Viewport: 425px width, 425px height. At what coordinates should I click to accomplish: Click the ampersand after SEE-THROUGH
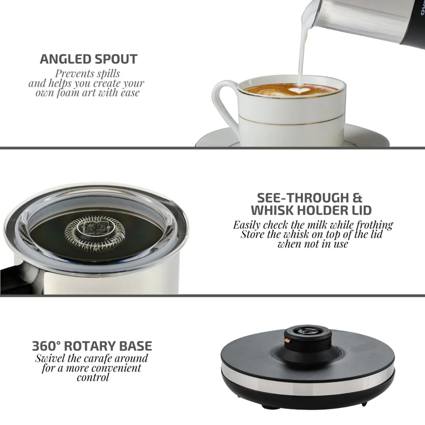[x=357, y=198]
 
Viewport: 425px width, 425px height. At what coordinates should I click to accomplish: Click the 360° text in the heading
[x=46, y=346]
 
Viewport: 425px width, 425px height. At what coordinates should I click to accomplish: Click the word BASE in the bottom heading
[x=136, y=346]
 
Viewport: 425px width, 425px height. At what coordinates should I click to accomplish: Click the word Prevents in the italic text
[x=71, y=74]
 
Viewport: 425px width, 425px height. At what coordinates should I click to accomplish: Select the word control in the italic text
[x=93, y=378]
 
